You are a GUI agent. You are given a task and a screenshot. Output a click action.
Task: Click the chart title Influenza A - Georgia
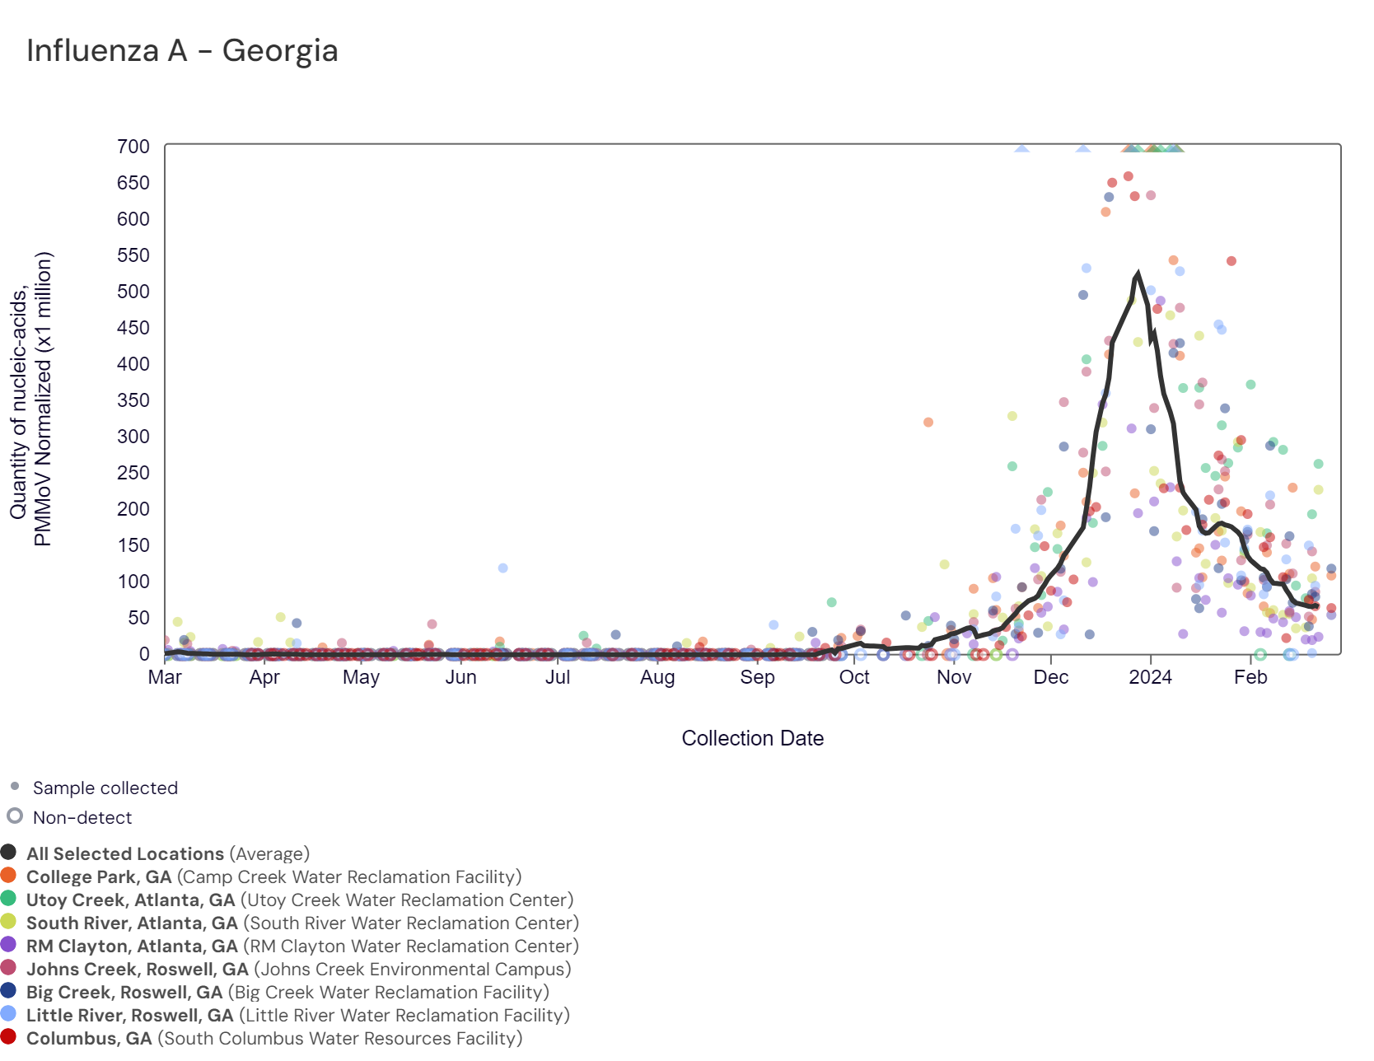(182, 51)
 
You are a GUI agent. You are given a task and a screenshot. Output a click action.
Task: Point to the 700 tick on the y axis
(133, 147)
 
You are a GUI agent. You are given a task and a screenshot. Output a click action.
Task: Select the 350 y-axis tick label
(133, 400)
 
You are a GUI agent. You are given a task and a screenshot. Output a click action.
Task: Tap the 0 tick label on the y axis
(144, 654)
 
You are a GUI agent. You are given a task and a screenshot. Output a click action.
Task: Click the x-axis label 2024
(1150, 677)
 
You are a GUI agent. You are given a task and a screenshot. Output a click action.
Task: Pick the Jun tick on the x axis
(460, 677)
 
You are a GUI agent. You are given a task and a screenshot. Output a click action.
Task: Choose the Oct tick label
(854, 677)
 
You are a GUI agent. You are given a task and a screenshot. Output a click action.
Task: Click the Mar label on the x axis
(165, 677)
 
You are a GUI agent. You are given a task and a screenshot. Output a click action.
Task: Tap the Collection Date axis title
(752, 738)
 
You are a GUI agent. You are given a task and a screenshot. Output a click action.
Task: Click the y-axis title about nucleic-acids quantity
(31, 399)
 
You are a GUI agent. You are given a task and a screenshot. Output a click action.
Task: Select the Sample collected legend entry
(105, 788)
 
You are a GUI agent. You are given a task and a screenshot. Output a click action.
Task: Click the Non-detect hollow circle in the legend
(15, 816)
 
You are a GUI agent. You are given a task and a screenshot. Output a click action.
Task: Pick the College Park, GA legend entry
(99, 877)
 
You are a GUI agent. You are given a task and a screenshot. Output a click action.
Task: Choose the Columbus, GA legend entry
(89, 1039)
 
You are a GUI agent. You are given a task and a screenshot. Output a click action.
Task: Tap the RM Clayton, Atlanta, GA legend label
(132, 946)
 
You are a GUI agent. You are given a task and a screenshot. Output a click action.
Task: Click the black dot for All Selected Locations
(9, 853)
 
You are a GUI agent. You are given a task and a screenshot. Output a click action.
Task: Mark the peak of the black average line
(1138, 273)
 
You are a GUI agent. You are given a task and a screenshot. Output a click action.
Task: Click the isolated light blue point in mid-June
(502, 568)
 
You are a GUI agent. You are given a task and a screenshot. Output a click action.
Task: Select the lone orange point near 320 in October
(928, 423)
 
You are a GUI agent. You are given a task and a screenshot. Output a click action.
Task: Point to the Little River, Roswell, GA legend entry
(129, 1016)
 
